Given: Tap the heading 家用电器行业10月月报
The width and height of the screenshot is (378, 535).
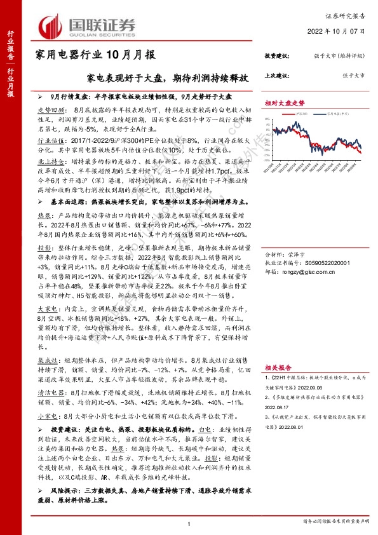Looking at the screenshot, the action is point(95,55).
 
